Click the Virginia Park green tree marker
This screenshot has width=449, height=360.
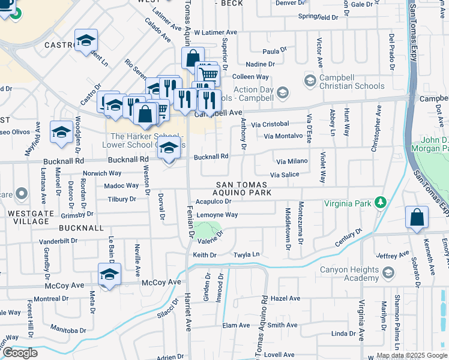pos(379,202)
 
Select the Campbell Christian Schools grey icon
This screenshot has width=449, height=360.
pos(310,80)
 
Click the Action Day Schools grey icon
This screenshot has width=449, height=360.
pos(283,92)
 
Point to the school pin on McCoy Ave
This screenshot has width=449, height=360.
pos(110,275)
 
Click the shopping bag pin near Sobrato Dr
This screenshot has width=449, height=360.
pos(417,218)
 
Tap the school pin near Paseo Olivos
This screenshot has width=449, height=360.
pos(61,133)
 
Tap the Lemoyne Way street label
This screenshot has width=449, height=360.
pos(217,214)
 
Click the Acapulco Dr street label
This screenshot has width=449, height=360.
pos(213,202)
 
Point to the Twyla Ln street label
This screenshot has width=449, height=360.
pos(249,255)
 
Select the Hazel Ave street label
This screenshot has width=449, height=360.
pos(285,298)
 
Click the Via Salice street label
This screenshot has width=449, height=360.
pos(285,175)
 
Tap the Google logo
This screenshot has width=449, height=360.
pos(20,353)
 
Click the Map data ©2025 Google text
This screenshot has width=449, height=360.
pos(411,356)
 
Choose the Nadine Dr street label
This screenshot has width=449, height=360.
pos(260,64)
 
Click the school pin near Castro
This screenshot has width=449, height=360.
pos(86,41)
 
